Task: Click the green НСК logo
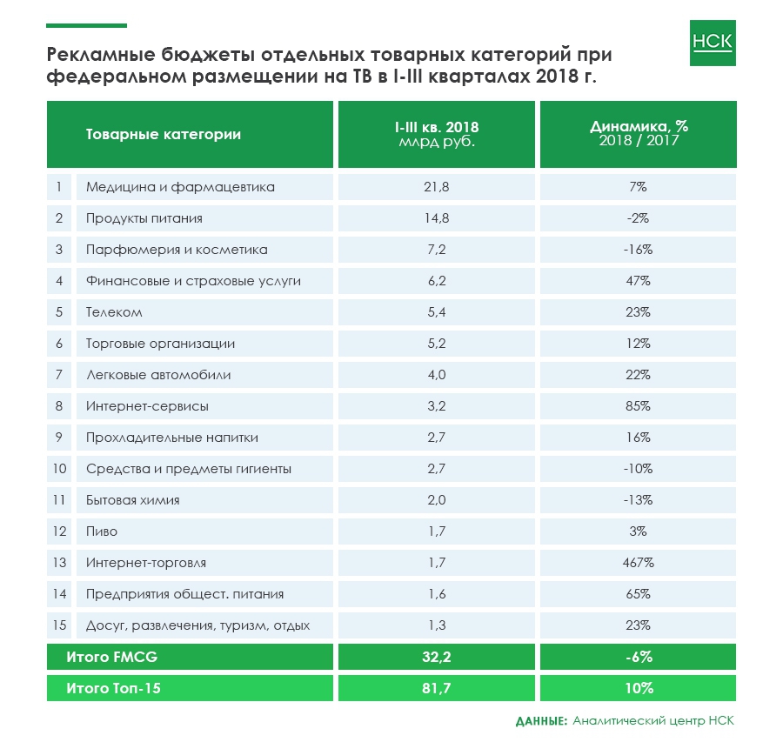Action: [x=712, y=43]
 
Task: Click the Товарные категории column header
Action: [x=164, y=134]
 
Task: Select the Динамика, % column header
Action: [x=638, y=133]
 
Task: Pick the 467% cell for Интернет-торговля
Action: [x=638, y=563]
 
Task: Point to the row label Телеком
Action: [x=114, y=312]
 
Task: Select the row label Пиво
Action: [x=102, y=531]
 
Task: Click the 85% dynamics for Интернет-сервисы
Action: [x=638, y=406]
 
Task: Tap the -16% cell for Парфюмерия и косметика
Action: [x=638, y=250]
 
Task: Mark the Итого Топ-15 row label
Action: [x=113, y=688]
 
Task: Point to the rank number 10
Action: [x=59, y=469]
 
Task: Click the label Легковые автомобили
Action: [x=158, y=375]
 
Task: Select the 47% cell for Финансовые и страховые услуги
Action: [x=638, y=281]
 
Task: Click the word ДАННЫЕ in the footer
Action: [x=540, y=721]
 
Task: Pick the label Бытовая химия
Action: [x=132, y=500]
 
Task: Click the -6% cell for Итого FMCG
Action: [x=638, y=657]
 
